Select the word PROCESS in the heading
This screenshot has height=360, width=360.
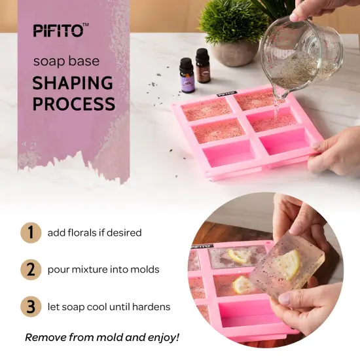point(73,103)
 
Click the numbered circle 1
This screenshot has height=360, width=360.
point(29,232)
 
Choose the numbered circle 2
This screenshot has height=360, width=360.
point(29,269)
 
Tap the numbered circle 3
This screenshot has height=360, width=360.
point(29,306)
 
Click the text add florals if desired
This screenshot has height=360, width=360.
point(94,232)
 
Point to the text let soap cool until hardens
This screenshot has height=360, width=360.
point(109,306)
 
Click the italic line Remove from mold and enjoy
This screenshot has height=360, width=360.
point(101,338)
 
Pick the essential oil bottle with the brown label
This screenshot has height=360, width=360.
point(203,67)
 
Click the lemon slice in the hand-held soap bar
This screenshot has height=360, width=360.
point(288,263)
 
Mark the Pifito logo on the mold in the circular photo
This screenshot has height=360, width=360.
point(200,247)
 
